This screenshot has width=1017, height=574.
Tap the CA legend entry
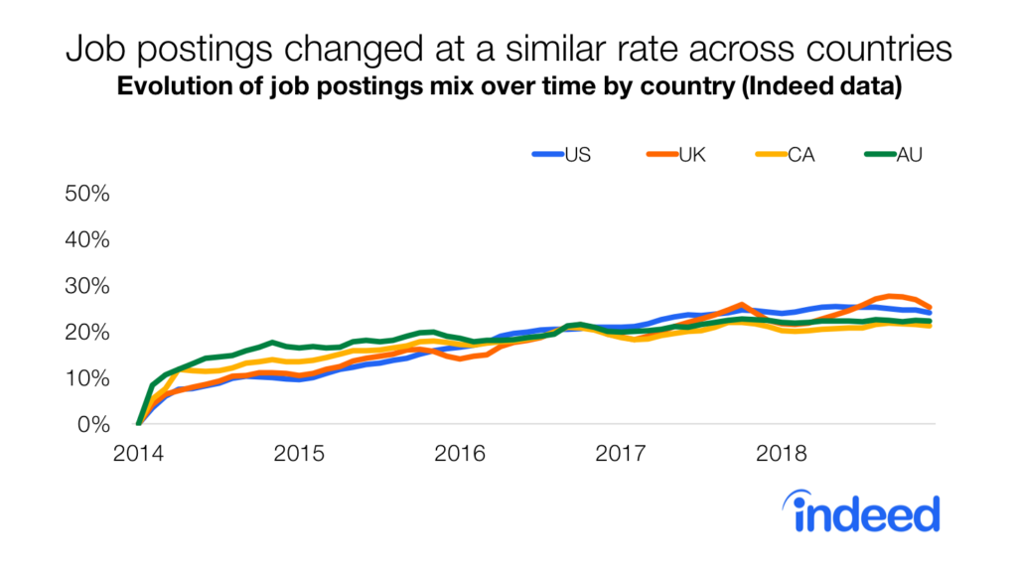click(x=800, y=154)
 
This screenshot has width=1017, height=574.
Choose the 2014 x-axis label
click(x=138, y=454)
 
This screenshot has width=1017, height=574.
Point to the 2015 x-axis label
click(x=299, y=454)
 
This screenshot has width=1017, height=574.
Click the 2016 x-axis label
click(x=460, y=454)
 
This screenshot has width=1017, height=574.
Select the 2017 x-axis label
click(x=621, y=454)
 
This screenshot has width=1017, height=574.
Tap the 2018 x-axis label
click(x=782, y=454)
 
